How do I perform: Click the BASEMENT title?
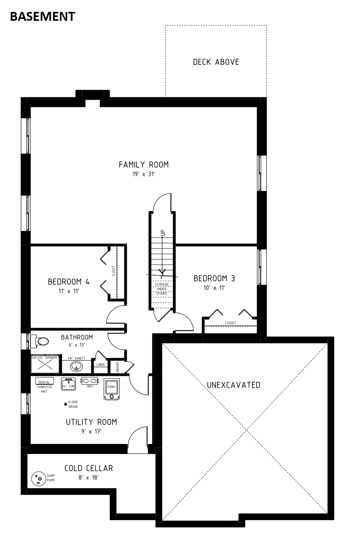pos(42,17)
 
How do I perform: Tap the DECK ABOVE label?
pos(216,62)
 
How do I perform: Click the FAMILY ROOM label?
pos(144,164)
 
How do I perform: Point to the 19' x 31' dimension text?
pos(144,174)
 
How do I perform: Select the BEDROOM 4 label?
pos(69,281)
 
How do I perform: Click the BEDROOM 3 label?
pos(214,278)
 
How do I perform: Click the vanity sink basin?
pos(76,367)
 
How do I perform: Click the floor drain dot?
pos(65,404)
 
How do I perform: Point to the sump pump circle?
pos(39,479)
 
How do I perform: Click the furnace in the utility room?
pos(111,389)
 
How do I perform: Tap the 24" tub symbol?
pos(68,384)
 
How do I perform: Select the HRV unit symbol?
pos(90,381)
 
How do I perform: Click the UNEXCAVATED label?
pos(233,385)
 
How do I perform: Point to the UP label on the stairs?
pos(162,233)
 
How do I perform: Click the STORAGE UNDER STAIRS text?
pos(162,289)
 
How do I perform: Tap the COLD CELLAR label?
pos(89,468)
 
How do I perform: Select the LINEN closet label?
pos(100,365)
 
